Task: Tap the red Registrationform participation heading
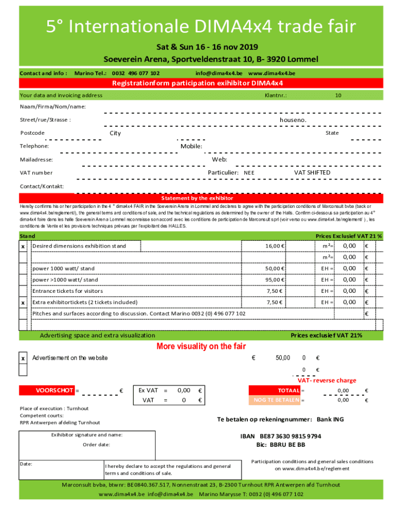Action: pyautogui.click(x=198, y=83)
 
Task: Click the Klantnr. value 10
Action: pyautogui.click(x=338, y=95)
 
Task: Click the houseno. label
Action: pyautogui.click(x=293, y=120)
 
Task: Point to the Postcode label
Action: pyautogui.click(x=32, y=133)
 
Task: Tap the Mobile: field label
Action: pyautogui.click(x=191, y=146)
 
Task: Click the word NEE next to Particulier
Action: pyautogui.click(x=249, y=173)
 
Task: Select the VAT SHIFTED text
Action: pyautogui.click(x=312, y=173)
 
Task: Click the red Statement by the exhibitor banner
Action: pyautogui.click(x=198, y=198)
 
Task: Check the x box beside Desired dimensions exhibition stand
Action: pyautogui.click(x=23, y=246)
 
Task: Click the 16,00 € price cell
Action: pyautogui.click(x=275, y=246)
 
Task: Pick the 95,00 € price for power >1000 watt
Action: pyautogui.click(x=275, y=279)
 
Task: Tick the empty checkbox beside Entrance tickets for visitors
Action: pyautogui.click(x=23, y=291)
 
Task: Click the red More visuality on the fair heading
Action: pyautogui.click(x=201, y=346)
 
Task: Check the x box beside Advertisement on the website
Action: pyautogui.click(x=23, y=358)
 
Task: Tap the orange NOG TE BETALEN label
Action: pyautogui.click(x=274, y=400)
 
